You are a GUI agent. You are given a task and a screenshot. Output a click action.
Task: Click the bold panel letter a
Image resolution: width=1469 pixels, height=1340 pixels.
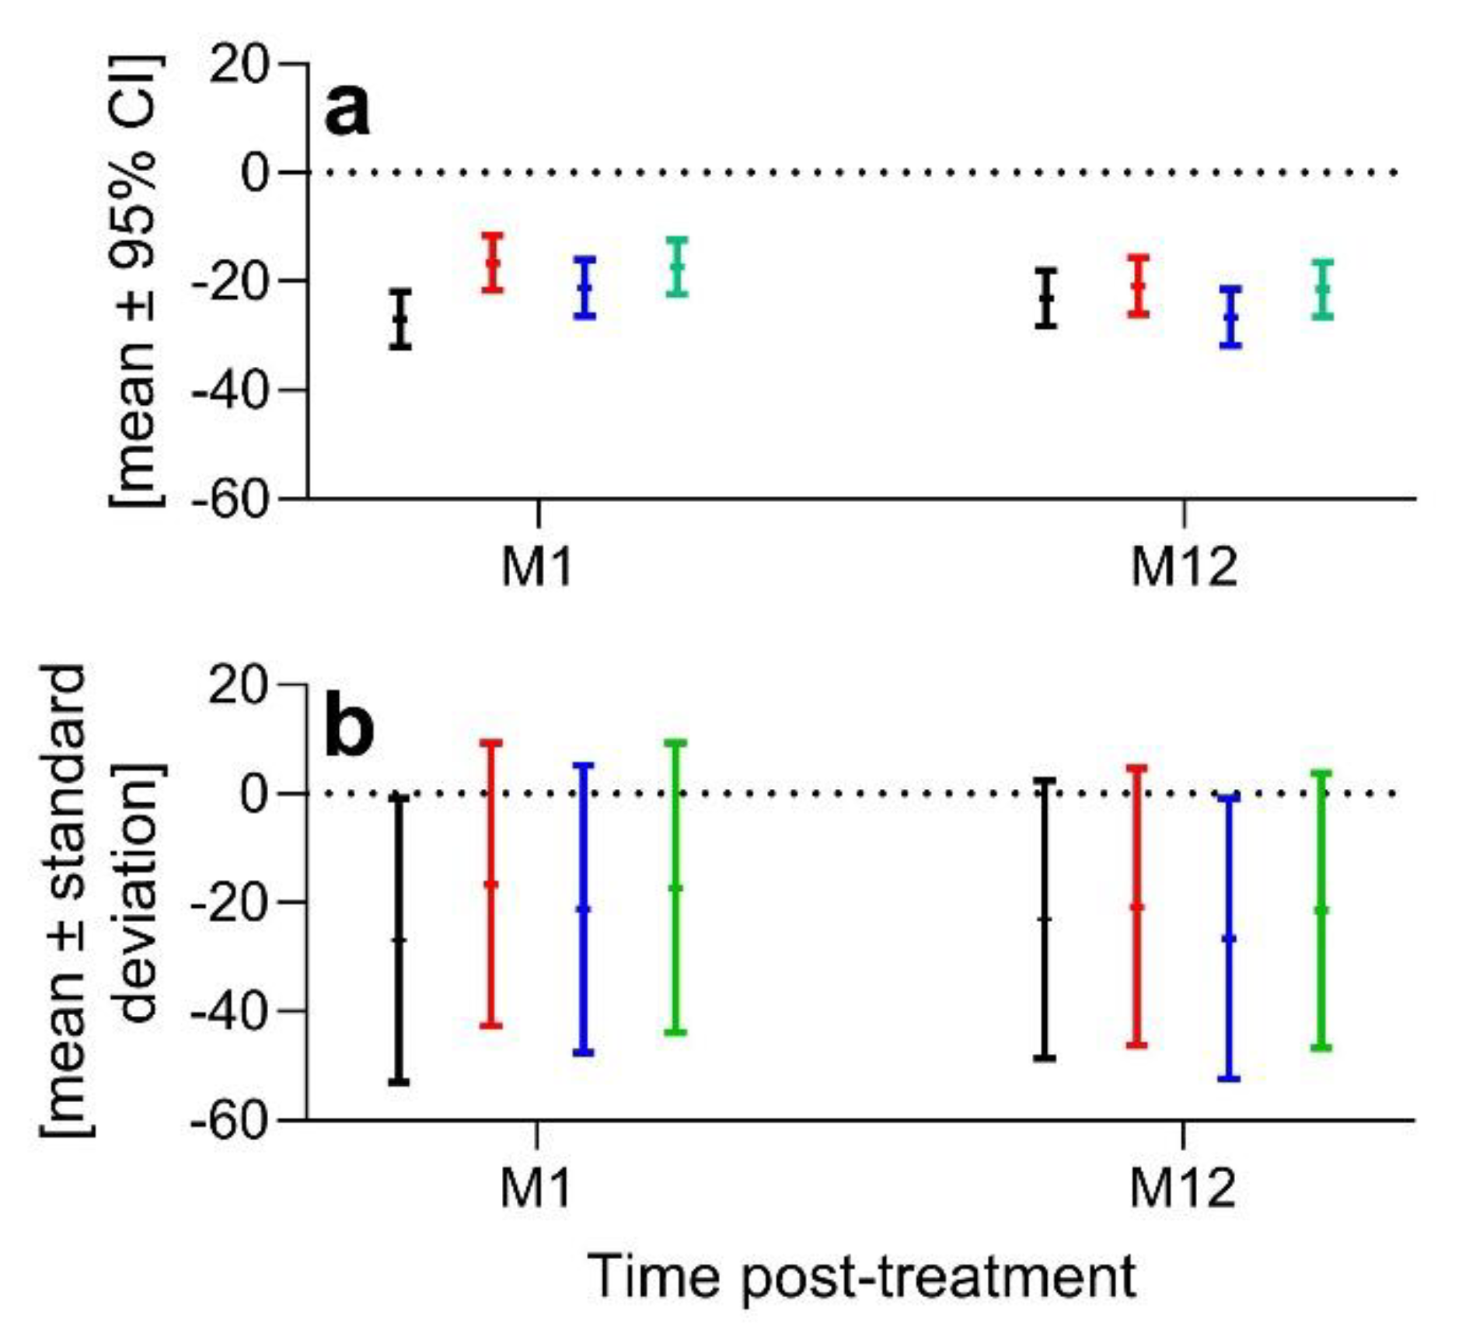[347, 111]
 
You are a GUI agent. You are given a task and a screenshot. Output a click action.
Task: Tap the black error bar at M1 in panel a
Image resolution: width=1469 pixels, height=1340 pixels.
[400, 319]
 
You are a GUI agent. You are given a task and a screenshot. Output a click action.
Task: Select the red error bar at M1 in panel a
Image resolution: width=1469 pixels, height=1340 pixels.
[493, 263]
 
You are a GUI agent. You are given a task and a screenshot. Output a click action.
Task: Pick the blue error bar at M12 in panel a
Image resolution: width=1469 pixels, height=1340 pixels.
[1230, 317]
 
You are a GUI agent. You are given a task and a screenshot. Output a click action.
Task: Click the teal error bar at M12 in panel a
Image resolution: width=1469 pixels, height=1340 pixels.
[1322, 289]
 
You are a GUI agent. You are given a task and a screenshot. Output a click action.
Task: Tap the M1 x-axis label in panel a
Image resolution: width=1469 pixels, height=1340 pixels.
[537, 567]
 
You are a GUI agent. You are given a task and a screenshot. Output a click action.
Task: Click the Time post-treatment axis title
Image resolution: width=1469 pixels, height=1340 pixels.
[860, 1277]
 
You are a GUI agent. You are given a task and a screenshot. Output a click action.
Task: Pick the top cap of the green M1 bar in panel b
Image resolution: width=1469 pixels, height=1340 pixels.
[676, 743]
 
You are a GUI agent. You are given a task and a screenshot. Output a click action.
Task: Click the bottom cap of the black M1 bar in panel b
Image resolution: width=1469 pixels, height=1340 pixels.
[400, 1082]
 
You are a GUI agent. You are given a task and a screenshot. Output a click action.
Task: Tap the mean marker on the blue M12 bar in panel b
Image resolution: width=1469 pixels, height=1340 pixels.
[1230, 939]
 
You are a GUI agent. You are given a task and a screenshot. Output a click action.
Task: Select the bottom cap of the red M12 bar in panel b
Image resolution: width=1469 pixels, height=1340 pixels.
[1137, 1045]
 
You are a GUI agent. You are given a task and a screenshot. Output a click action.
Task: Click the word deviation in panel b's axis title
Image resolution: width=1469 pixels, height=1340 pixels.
[141, 894]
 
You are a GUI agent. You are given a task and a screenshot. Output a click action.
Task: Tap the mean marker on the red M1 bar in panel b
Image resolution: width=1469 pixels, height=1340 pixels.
[491, 885]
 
